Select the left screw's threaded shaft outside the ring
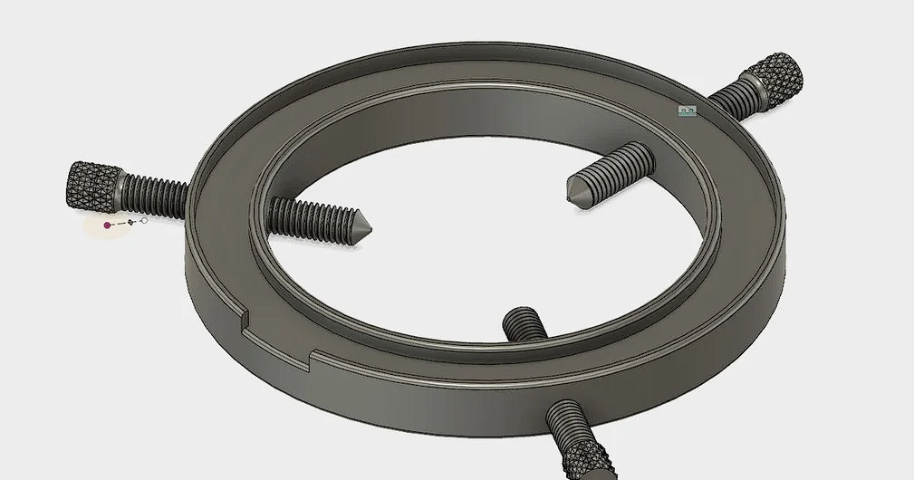pyautogui.click(x=154, y=196)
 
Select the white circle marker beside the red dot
pyautogui.click(x=144, y=220)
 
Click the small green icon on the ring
pyautogui.click(x=687, y=111)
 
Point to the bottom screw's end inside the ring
pyautogui.click(x=523, y=322)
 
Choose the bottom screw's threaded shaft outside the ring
pyautogui.click(x=567, y=421)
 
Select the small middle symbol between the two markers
pyautogui.click(x=130, y=222)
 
